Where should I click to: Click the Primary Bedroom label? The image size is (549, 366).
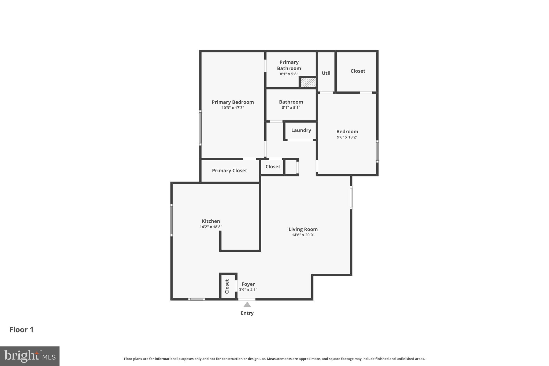pos(233,102)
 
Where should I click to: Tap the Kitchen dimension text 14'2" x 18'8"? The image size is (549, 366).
pos(211,227)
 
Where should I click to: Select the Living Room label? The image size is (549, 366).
pos(303,229)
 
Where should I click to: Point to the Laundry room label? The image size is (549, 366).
pos(301,130)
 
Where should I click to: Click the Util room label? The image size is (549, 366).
pos(326,73)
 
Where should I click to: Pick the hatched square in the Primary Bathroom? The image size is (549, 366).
pos(308,83)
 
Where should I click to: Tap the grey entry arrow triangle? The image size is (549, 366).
pos(247,305)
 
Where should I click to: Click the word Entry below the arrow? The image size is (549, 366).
pos(247,313)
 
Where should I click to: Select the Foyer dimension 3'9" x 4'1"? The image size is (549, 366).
pos(248,290)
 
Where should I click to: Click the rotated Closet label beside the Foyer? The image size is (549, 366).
pos(227,286)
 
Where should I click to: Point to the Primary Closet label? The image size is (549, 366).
pos(229,171)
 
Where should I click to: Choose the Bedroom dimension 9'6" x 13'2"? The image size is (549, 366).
pos(347,137)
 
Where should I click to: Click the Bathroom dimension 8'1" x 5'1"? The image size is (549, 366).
pos(291,108)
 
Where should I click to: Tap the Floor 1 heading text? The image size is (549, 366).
pos(21,330)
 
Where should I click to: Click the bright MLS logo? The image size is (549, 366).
pos(30,356)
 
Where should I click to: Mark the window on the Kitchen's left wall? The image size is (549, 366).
pos(172,220)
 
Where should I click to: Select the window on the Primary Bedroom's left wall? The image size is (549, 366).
pos(200,128)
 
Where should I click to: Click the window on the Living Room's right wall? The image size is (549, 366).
pos(351,198)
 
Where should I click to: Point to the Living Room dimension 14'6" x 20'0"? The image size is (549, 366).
pos(303,235)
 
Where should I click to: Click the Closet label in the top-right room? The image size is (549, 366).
pos(358,71)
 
